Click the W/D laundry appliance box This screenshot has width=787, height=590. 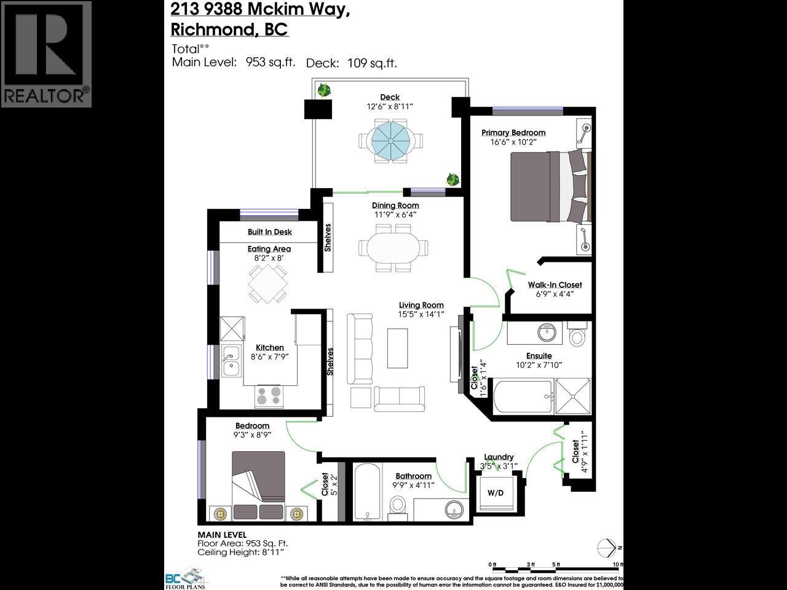(496, 493)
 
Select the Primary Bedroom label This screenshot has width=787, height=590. (513, 132)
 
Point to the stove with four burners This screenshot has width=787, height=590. (269, 396)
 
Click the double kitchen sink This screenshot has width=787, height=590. (232, 361)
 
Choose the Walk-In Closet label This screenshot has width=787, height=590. (555, 285)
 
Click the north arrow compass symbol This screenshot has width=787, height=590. (607, 547)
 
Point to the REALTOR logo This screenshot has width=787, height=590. (46, 54)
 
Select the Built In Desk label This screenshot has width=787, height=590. (269, 232)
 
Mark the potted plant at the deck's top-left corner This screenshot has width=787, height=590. (323, 90)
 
